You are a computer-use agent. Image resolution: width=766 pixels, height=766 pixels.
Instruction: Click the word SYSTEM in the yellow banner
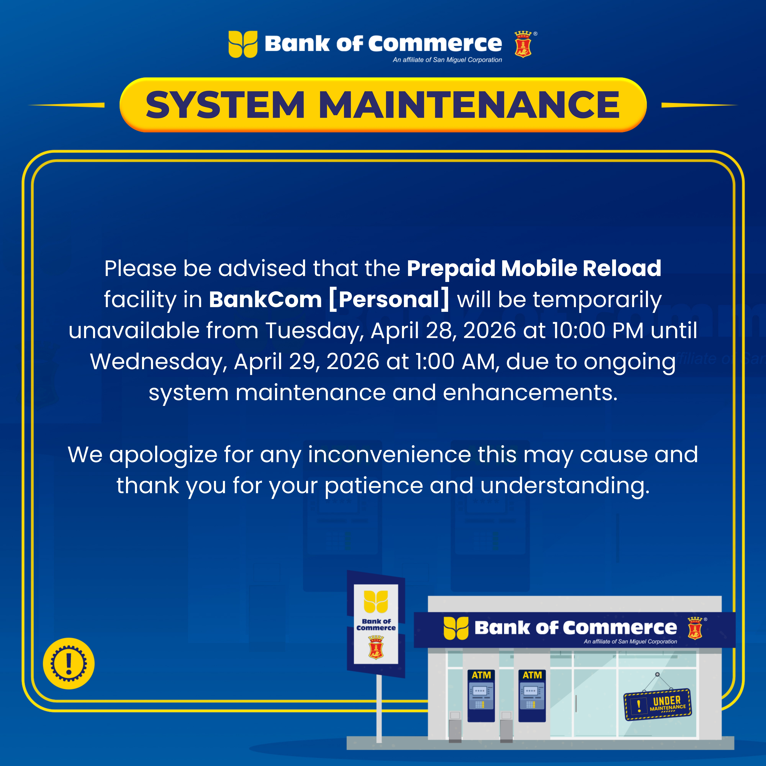[225, 105]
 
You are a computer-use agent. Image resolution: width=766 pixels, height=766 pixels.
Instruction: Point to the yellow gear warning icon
[69, 663]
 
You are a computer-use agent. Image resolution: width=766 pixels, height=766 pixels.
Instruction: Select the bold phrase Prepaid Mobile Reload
[534, 268]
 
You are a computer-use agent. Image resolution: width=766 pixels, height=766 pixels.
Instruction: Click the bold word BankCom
[265, 299]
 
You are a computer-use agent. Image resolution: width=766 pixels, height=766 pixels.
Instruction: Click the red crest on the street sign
[376, 647]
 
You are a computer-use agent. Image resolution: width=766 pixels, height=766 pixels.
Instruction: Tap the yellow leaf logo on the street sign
[376, 601]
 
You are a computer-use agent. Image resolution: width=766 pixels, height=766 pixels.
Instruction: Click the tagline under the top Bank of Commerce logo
[447, 60]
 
